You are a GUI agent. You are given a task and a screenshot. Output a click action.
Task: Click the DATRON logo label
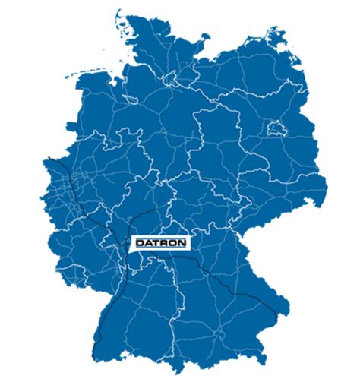(161, 242)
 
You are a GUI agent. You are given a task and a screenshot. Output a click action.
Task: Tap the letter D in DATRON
(141, 242)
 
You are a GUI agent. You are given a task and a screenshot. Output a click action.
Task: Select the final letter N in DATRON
(182, 242)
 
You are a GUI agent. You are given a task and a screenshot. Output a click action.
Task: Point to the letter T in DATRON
(157, 242)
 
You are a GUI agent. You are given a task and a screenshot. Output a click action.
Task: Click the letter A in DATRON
(149, 242)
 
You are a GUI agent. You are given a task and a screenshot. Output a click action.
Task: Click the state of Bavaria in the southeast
(228, 289)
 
